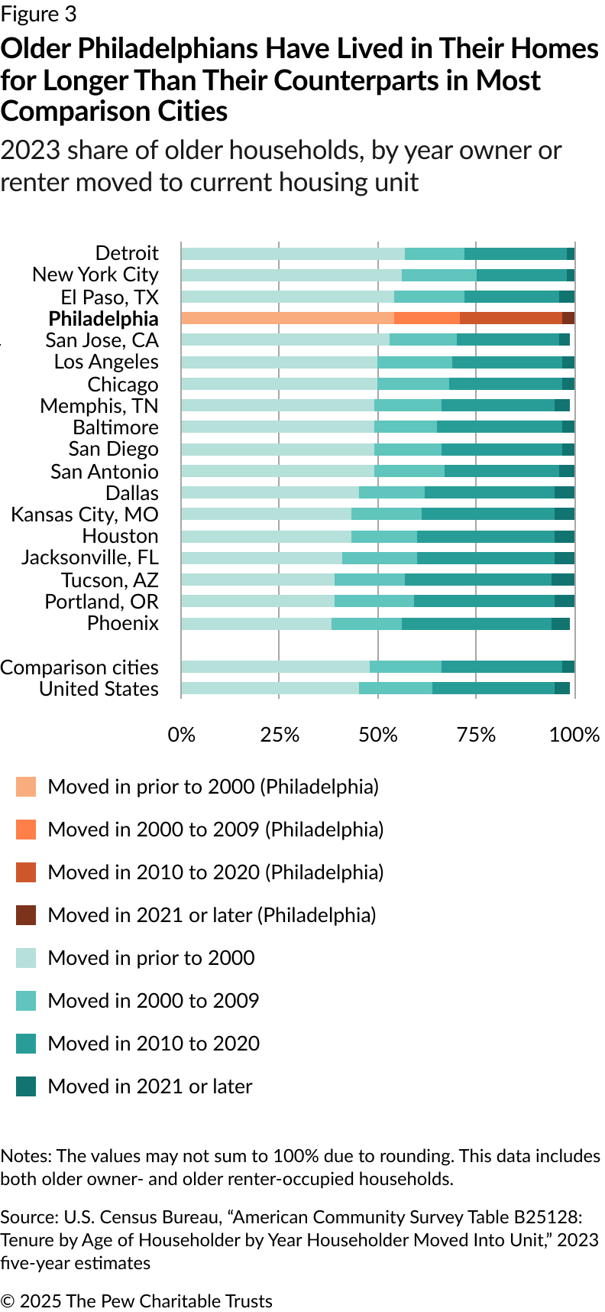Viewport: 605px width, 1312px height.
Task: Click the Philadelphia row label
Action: (x=103, y=319)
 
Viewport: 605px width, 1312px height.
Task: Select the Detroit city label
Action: (x=127, y=253)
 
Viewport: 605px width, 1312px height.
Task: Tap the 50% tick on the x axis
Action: (x=377, y=735)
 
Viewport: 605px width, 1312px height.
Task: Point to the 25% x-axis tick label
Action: (x=280, y=735)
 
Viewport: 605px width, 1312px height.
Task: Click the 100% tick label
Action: (x=574, y=735)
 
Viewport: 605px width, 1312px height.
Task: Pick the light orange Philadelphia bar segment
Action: (x=287, y=319)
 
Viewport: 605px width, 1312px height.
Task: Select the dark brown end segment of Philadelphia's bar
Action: (x=568, y=319)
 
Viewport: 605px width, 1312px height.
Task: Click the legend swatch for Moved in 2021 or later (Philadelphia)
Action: (x=26, y=915)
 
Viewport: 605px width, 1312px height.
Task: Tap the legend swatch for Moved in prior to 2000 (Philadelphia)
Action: (x=26, y=787)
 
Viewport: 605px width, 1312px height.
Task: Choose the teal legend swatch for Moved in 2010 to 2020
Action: (x=26, y=1044)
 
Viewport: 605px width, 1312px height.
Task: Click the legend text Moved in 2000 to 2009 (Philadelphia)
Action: (x=215, y=830)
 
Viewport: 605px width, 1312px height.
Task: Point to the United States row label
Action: (x=99, y=689)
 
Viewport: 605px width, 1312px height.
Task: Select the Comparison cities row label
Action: (x=79, y=667)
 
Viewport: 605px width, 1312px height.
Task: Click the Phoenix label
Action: (x=123, y=623)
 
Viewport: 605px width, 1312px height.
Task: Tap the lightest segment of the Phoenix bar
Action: (x=256, y=624)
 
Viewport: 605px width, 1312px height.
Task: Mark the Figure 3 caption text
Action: (x=38, y=15)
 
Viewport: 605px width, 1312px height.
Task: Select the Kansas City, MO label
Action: (x=85, y=515)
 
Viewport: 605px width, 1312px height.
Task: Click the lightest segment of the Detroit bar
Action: (x=293, y=254)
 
